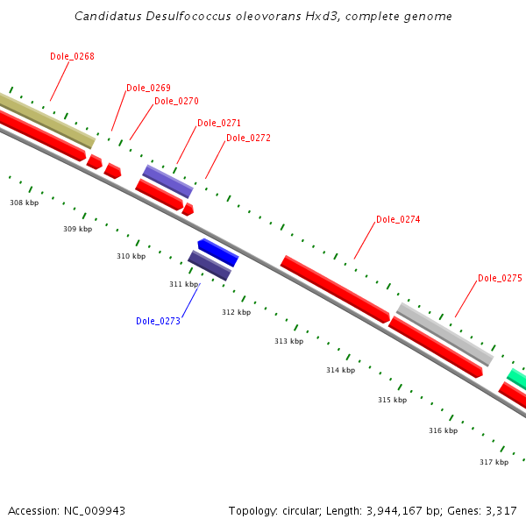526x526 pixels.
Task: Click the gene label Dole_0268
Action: pyautogui.click(x=72, y=56)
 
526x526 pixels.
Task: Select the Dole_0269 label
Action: pyautogui.click(x=148, y=88)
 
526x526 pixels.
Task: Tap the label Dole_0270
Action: pyautogui.click(x=176, y=101)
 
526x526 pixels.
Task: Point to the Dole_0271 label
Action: pyautogui.click(x=219, y=124)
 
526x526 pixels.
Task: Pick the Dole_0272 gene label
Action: pyautogui.click(x=248, y=138)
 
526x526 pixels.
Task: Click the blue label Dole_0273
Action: pyautogui.click(x=158, y=321)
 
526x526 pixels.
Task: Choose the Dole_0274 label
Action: pyautogui.click(x=398, y=219)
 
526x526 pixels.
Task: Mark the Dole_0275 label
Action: pyautogui.click(x=500, y=278)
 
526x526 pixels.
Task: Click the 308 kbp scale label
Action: pyautogui.click(x=25, y=203)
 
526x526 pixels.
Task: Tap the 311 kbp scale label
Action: pyautogui.click(x=184, y=284)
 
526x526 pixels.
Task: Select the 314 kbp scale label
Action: pyautogui.click(x=341, y=370)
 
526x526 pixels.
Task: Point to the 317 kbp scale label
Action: pyautogui.click(x=494, y=462)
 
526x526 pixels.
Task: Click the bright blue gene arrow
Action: pyautogui.click(x=218, y=252)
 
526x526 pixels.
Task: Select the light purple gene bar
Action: pyautogui.click(x=167, y=181)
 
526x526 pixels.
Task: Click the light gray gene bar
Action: pyautogui.click(x=445, y=334)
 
